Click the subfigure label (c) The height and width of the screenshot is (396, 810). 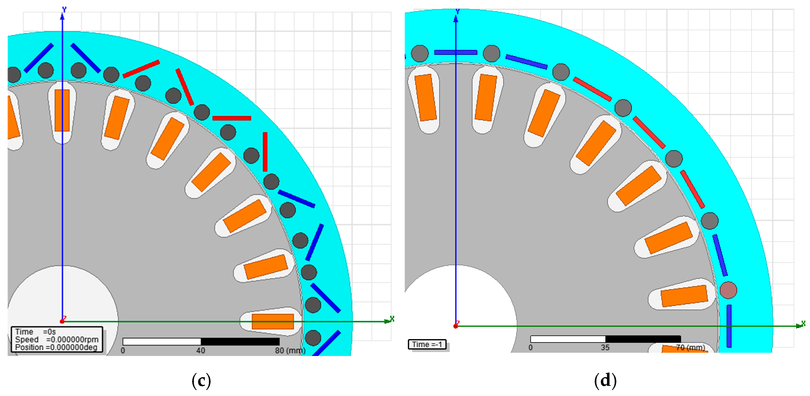201,381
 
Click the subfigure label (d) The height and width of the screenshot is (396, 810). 605,381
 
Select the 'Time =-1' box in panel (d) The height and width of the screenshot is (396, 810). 427,344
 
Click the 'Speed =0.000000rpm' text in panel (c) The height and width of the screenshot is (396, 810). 57,340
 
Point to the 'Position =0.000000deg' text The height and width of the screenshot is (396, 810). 56,347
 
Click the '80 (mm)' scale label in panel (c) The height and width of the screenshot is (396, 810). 290,351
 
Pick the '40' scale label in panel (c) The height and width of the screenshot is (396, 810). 201,351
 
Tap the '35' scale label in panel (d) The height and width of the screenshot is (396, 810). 605,348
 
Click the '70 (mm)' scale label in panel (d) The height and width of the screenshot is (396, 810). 691,348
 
